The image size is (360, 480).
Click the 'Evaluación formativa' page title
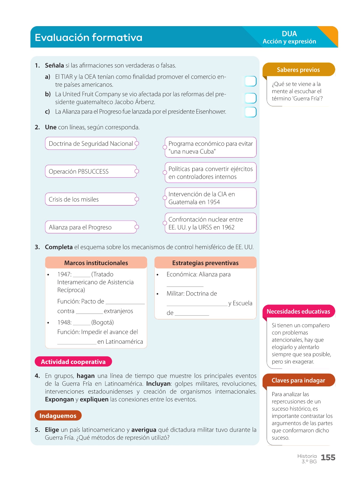point(89,38)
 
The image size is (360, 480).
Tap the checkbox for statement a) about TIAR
point(250,81)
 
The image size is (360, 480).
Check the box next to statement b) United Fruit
point(250,98)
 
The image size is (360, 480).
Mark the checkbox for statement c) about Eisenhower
point(250,112)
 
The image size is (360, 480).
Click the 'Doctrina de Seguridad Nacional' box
point(91,143)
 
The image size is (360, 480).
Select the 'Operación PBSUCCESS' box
point(91,171)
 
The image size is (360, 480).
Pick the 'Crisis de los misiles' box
point(91,199)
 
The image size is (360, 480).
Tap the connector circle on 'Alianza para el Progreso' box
point(137,227)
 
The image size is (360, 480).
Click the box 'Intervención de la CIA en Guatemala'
point(210,198)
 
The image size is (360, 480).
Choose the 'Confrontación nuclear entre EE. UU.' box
point(210,223)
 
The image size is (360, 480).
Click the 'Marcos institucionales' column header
point(96,263)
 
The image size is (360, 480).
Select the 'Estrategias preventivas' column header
point(205,263)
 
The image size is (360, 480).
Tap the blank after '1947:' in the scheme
point(81,275)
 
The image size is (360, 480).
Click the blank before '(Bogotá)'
point(81,323)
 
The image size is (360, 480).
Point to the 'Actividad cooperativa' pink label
point(73,362)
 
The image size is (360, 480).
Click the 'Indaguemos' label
point(58,416)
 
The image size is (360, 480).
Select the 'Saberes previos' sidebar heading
point(298,70)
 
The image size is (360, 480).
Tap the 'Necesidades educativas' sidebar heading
point(298,311)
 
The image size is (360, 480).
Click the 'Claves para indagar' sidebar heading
point(298,380)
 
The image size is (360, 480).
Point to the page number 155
point(328,458)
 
